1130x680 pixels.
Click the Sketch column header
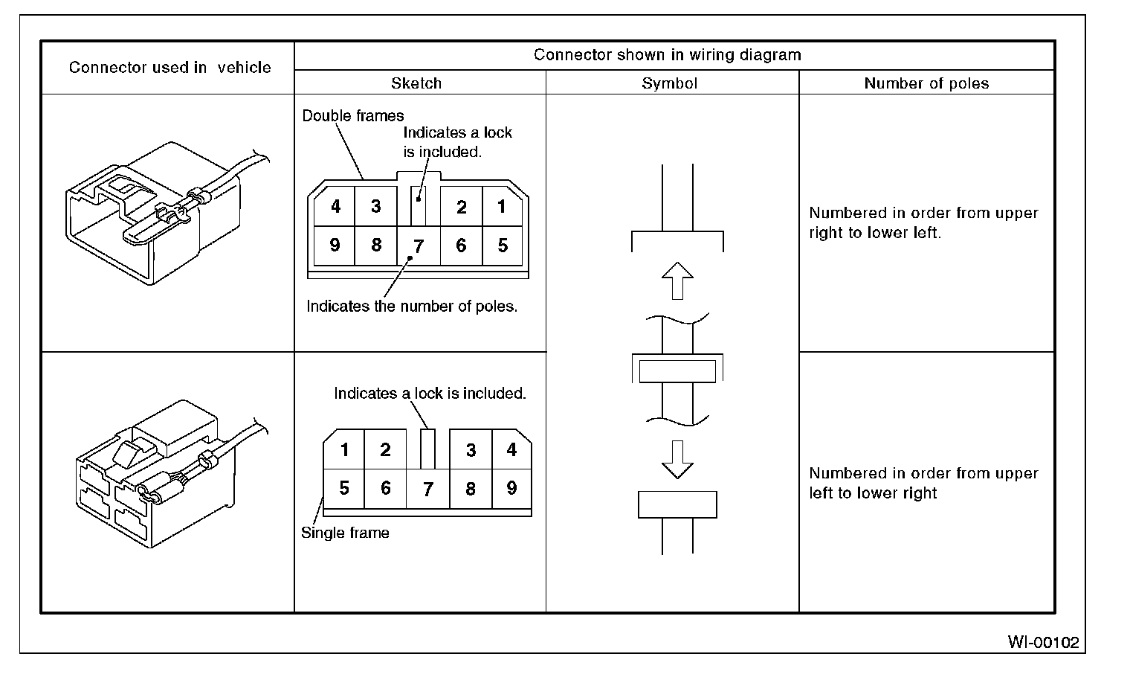416,83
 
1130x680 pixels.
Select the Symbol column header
669,83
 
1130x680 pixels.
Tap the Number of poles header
926,83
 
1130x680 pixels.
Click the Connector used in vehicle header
169,68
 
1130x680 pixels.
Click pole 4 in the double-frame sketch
335,206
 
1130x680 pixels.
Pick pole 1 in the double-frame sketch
502,206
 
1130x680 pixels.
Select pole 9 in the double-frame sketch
335,245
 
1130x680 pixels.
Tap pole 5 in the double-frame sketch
503,245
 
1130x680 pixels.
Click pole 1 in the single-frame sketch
344,449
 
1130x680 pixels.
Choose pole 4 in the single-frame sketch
511,449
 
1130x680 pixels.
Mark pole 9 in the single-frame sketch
511,488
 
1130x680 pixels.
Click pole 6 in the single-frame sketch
385,488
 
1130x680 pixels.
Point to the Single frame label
345,533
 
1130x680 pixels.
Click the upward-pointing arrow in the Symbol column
677,280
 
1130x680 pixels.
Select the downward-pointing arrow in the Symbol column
677,459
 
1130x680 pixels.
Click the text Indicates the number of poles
412,307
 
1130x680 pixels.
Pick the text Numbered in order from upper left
923,483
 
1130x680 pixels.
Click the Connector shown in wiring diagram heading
668,55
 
